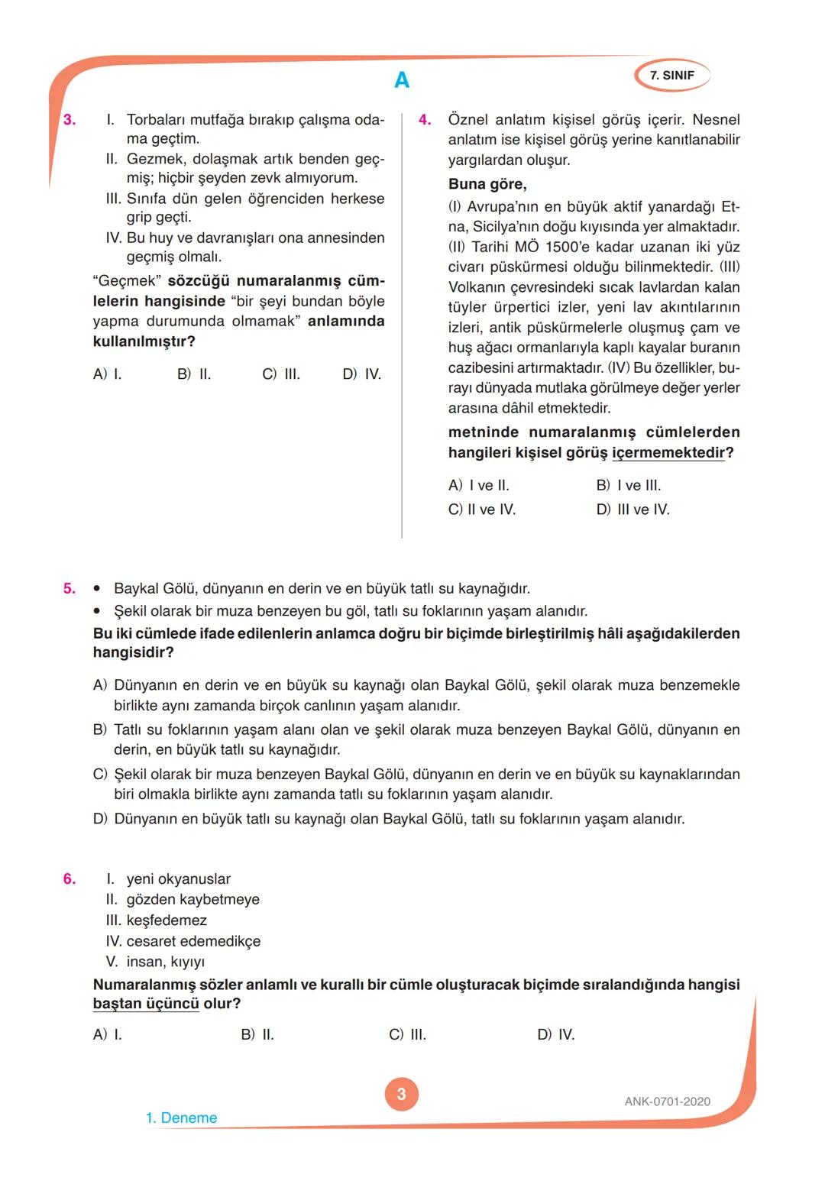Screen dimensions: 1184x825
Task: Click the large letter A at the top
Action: pos(402,80)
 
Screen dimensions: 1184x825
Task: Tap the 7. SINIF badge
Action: pos(671,76)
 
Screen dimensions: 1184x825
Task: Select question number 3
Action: pos(70,120)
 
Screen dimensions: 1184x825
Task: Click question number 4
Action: pos(425,120)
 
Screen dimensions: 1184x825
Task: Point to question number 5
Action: pos(70,588)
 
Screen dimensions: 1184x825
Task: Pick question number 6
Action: pos(70,879)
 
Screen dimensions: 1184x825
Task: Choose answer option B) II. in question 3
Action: pos(194,374)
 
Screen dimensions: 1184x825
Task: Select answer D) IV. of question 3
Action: pos(361,374)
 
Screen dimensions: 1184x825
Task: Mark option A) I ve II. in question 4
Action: pos(478,486)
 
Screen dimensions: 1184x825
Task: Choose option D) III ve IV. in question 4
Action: pos(632,510)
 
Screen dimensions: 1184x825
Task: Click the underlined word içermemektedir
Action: pos(668,453)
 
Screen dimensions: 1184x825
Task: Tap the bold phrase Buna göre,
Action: pos(487,184)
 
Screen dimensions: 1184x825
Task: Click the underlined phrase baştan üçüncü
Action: pos(146,1004)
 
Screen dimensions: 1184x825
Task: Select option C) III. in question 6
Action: pos(407,1035)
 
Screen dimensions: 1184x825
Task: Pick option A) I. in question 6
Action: pos(107,1035)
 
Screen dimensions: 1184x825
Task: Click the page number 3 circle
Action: pos(402,1094)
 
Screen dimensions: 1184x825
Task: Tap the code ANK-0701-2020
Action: pos(667,1102)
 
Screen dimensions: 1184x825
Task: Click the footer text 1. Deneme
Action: pos(181,1118)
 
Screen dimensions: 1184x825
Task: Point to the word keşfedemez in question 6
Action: pos(167,920)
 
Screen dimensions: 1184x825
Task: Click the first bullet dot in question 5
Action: pos(97,589)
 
